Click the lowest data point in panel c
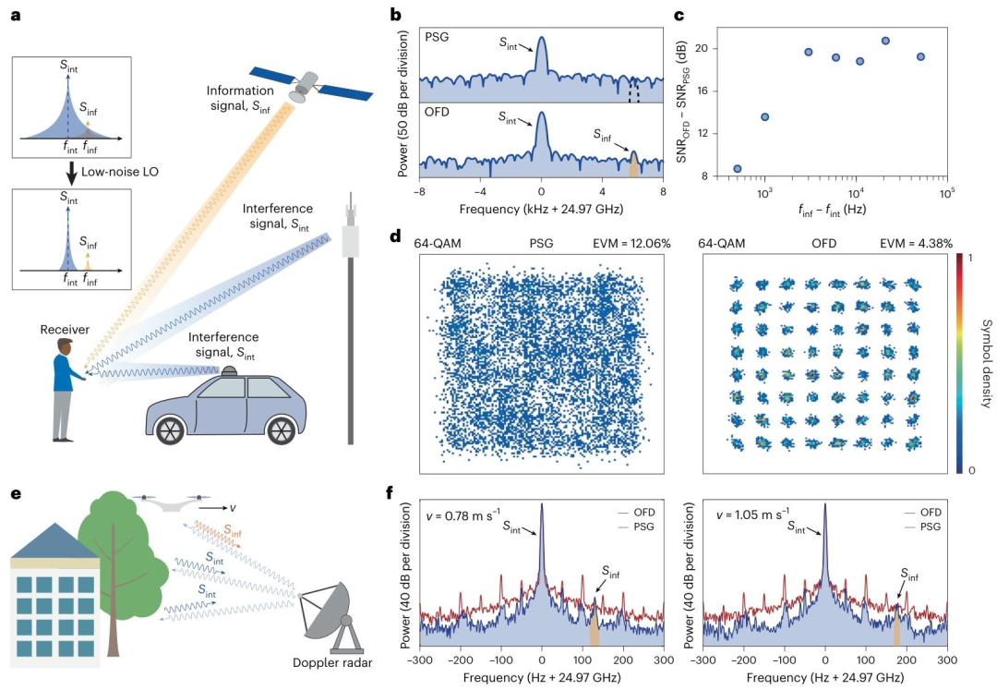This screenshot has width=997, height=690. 737,168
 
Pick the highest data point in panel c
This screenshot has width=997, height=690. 885,41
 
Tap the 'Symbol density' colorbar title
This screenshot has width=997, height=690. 983,360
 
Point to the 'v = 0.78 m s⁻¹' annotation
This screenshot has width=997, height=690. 461,514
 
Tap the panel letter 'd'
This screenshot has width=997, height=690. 395,236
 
